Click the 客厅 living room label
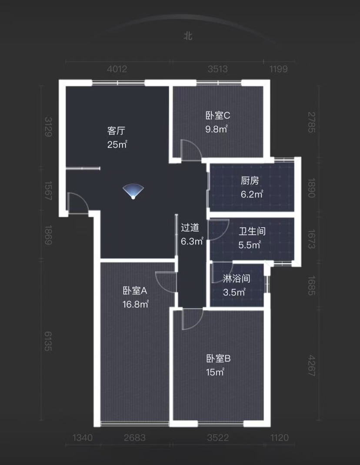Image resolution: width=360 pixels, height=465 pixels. click(116, 130)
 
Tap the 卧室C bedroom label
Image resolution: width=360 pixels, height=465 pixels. click(218, 115)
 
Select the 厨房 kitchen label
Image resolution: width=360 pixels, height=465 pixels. click(250, 180)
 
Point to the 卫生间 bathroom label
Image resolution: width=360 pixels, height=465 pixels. click(252, 231)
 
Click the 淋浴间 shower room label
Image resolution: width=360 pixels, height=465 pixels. click(237, 279)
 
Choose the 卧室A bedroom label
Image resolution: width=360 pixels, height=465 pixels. click(135, 290)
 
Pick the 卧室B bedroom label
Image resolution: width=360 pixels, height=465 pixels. click(218, 359)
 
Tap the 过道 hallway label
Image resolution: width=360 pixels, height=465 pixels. click(190, 227)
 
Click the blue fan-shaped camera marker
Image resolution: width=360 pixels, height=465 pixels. click(133, 191)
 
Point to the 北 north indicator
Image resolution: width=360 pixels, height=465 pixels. click(188, 36)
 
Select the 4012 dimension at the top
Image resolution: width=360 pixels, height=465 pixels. click(117, 69)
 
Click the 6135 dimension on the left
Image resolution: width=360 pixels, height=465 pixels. click(48, 341)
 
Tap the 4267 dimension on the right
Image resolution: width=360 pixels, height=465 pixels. click(311, 365)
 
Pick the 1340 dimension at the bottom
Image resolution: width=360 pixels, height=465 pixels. click(83, 438)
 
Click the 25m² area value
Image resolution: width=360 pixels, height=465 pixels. click(117, 144)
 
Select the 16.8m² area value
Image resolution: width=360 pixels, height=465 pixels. click(136, 304)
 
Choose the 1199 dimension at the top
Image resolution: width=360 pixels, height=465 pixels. click(278, 69)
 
